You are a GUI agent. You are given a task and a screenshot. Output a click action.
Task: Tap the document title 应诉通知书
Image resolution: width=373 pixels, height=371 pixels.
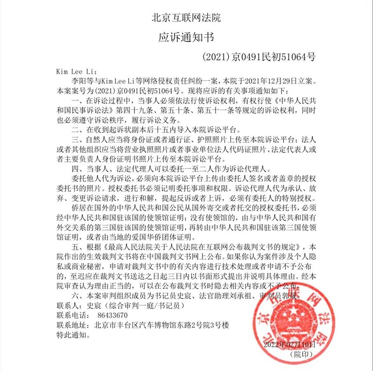[186, 37]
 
